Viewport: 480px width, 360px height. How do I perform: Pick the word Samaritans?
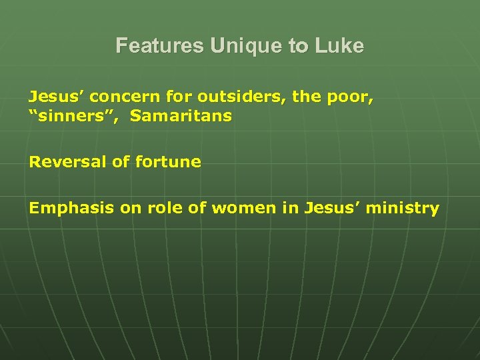click(181, 116)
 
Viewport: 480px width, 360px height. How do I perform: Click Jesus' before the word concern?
click(55, 97)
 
